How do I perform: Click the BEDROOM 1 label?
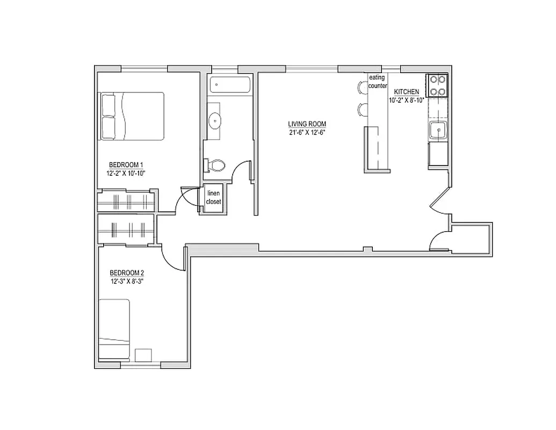pyautogui.click(x=126, y=164)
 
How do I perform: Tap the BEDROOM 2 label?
pyautogui.click(x=127, y=272)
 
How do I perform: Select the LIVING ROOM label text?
pyautogui.click(x=307, y=124)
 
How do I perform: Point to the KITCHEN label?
pyautogui.click(x=406, y=92)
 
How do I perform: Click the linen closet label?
pyautogui.click(x=213, y=197)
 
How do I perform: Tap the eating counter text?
pyautogui.click(x=377, y=82)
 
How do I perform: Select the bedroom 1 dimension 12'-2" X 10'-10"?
pyautogui.click(x=126, y=173)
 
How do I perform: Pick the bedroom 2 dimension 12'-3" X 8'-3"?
pyautogui.click(x=127, y=281)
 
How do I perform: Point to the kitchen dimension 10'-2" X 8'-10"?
pyautogui.click(x=407, y=100)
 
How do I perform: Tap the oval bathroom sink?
pyautogui.click(x=215, y=120)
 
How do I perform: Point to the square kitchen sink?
pyautogui.click(x=437, y=130)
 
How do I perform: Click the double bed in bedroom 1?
pyautogui.click(x=132, y=116)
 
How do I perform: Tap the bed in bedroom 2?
pyautogui.click(x=114, y=329)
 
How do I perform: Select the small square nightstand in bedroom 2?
pyautogui.click(x=143, y=355)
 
